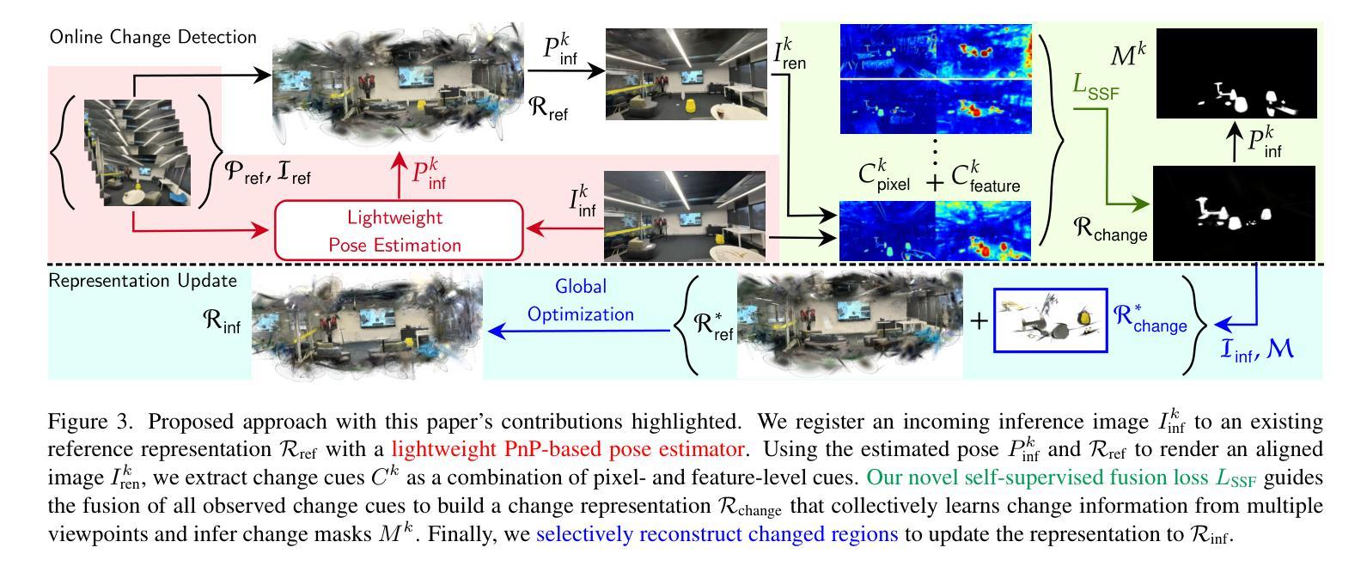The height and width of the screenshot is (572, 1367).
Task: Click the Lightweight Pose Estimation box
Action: [398, 229]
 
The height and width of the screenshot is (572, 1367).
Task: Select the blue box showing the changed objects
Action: [1047, 321]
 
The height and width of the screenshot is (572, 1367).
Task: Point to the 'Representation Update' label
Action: [143, 280]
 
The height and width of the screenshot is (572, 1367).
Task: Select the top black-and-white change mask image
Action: [1236, 73]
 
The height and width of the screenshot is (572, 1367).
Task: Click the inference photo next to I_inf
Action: [684, 215]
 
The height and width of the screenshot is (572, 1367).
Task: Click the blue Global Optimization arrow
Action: [580, 329]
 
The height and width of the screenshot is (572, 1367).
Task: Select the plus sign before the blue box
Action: [979, 321]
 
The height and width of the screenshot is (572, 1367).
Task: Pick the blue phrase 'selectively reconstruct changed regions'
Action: [717, 534]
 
